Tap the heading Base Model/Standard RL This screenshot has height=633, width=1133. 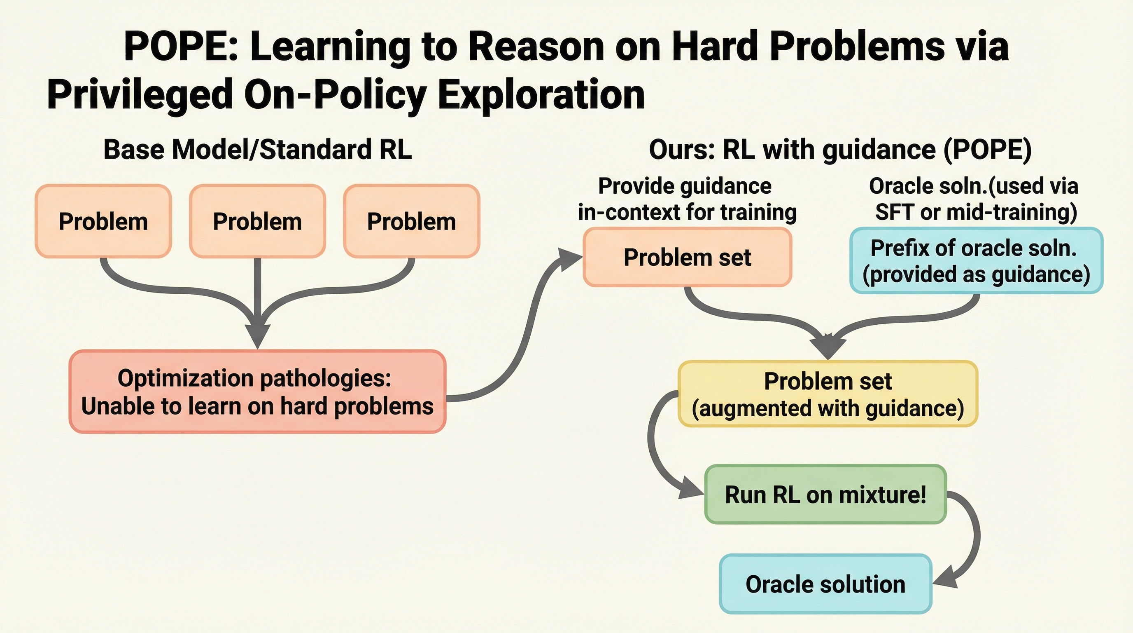click(258, 150)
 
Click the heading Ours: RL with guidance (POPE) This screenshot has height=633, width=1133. click(840, 150)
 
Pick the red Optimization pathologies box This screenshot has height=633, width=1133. click(258, 392)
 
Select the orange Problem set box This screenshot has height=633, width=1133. click(688, 257)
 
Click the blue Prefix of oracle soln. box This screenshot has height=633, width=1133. click(977, 260)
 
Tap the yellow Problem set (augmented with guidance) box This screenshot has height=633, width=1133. click(828, 394)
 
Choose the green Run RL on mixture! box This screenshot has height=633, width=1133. click(825, 495)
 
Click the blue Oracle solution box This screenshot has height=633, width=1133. click(825, 584)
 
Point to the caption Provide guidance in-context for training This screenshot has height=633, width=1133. click(687, 199)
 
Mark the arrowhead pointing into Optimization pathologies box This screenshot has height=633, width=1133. click(258, 337)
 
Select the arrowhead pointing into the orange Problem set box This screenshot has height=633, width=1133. click(569, 259)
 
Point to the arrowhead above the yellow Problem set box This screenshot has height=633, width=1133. click(828, 347)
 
